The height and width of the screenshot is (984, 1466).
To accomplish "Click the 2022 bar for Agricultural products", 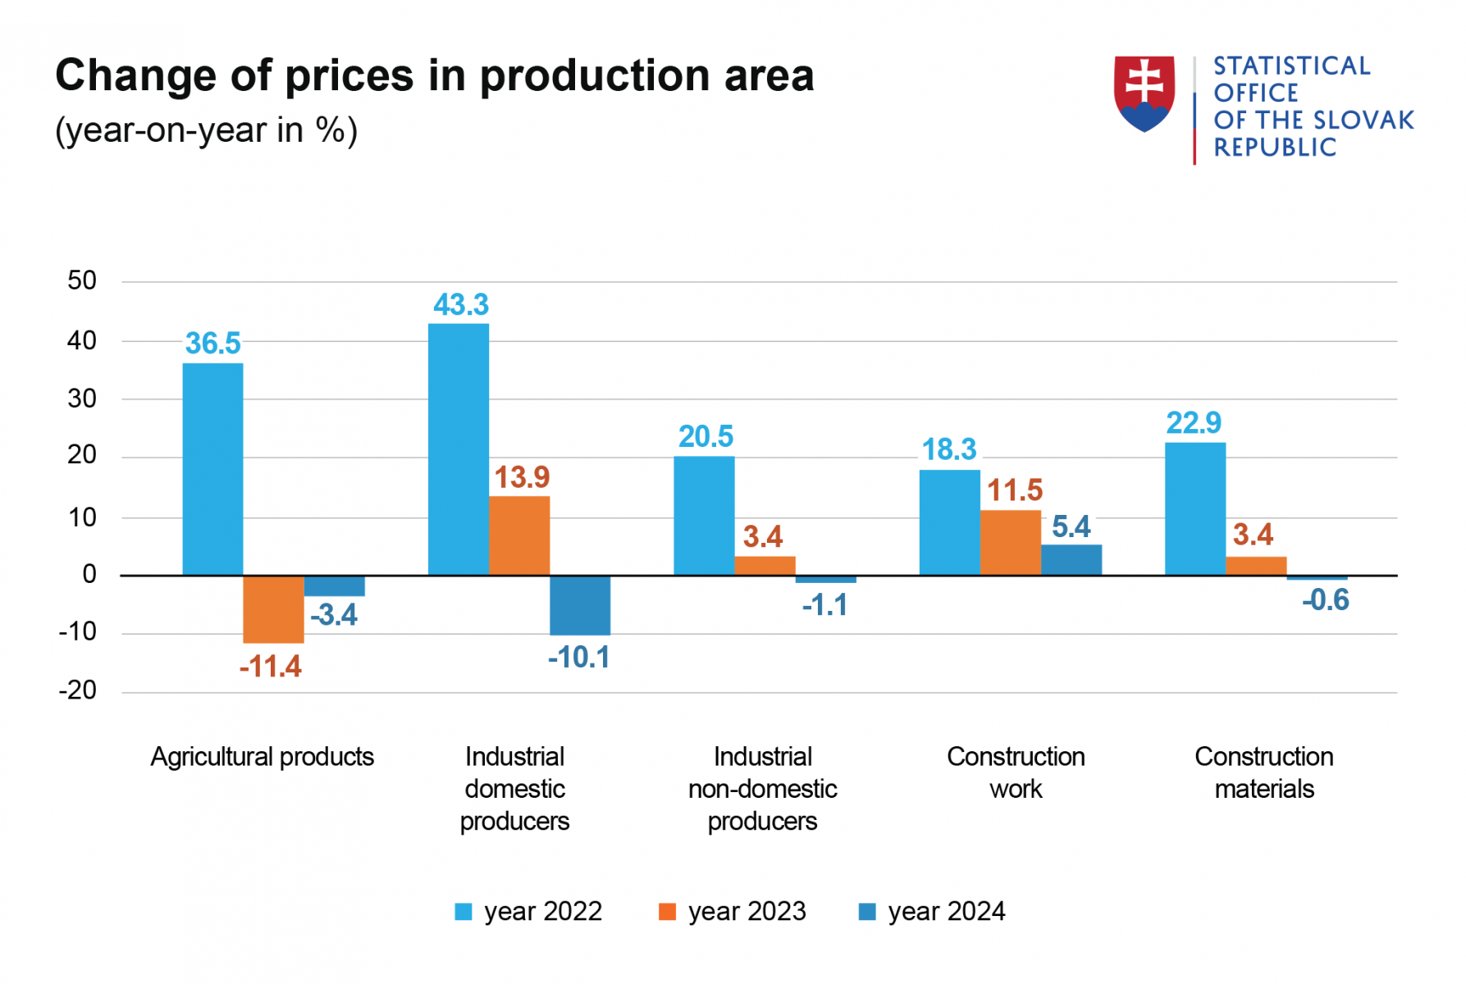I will (x=212, y=468).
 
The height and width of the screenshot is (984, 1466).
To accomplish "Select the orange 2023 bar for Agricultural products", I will (x=273, y=608).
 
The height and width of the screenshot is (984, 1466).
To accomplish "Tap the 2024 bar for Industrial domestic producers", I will (x=580, y=605).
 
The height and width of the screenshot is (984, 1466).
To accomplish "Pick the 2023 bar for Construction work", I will (x=1011, y=542).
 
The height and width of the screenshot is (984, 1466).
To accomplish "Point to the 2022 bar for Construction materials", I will (x=1195, y=508).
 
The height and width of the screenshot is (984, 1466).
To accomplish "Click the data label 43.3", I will (x=461, y=305).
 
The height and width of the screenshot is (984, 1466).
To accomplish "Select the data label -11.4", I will (x=271, y=667).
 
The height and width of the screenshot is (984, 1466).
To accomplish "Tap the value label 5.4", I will (x=1071, y=527).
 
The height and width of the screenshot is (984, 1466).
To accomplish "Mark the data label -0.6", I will (x=1325, y=600).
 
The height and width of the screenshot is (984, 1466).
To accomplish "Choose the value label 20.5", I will (x=706, y=437).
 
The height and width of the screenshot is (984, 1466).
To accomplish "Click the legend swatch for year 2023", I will (x=668, y=912).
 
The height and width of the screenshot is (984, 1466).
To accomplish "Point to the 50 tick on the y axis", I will (x=82, y=280).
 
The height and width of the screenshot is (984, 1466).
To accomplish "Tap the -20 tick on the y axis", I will (x=78, y=690).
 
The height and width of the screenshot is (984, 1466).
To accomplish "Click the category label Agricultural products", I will (x=262, y=756).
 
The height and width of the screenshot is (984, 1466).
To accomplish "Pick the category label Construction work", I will (x=1016, y=772).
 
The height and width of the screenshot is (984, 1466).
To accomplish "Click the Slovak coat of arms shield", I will (x=1144, y=93).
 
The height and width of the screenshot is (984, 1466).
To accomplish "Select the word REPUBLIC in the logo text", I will (x=1275, y=148).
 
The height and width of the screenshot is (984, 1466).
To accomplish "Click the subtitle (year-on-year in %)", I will (x=206, y=130).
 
